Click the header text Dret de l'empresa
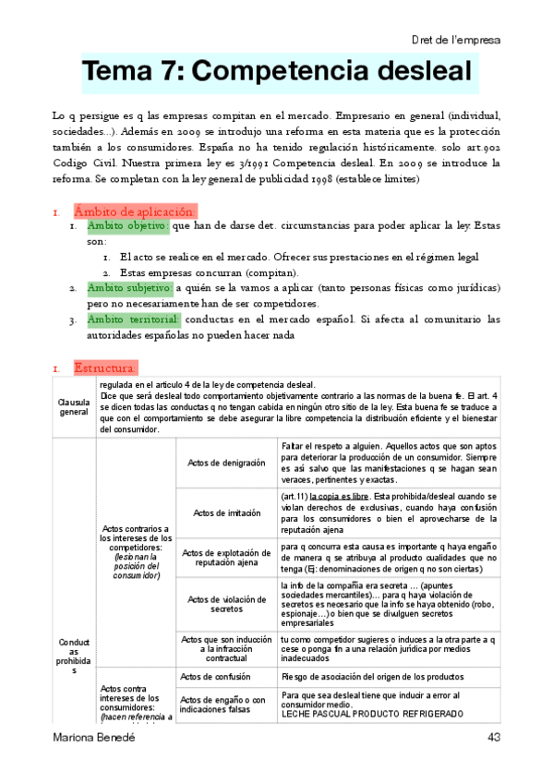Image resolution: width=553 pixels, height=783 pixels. (455, 40)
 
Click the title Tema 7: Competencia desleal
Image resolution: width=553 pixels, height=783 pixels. (276, 72)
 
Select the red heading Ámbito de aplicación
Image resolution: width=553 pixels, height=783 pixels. (134, 211)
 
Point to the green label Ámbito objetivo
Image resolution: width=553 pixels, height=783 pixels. (127, 226)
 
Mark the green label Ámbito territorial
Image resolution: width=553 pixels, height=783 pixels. (133, 319)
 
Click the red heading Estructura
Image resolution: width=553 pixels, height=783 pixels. (105, 368)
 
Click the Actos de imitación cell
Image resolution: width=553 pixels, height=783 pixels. (225, 513)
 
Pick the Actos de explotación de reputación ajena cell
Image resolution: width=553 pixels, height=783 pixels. (225, 559)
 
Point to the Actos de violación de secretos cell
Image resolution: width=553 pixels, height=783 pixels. (225, 604)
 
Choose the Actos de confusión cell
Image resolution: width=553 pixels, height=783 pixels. (225, 675)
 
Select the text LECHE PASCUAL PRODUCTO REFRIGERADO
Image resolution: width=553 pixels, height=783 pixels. (367, 715)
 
